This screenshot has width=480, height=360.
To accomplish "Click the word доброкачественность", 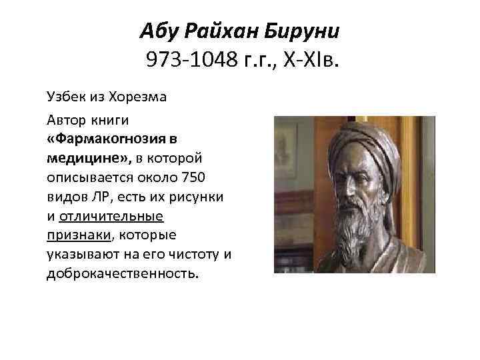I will tap(122, 273).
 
